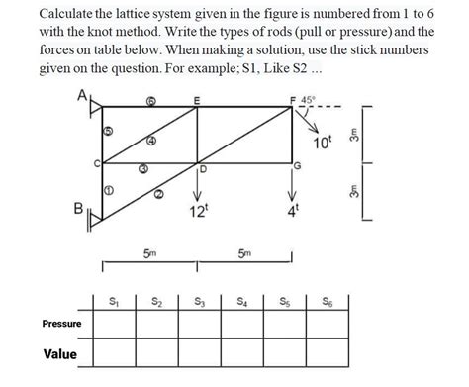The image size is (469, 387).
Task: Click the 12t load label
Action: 198,210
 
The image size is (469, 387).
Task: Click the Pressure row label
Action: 61,324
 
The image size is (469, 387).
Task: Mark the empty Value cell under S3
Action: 201,353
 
